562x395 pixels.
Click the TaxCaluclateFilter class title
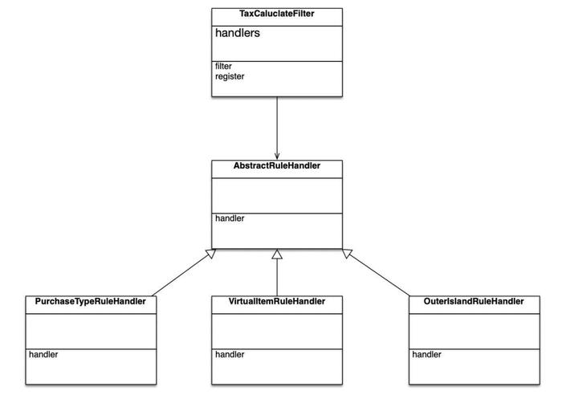[x=277, y=14]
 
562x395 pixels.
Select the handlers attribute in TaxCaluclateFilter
[x=238, y=33]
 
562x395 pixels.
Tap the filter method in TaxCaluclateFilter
[x=223, y=67]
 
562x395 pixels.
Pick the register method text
[x=230, y=77]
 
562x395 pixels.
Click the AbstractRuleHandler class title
[x=277, y=165]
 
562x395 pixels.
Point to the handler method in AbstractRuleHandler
[x=230, y=218]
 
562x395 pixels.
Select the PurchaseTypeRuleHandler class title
[x=90, y=301]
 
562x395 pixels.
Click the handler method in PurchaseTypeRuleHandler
[x=43, y=355]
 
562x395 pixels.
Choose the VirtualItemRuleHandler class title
[x=277, y=301]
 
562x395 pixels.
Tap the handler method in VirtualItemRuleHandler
[x=230, y=355]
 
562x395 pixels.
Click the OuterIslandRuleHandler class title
[x=474, y=301]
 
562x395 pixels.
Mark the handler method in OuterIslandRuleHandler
[x=426, y=355]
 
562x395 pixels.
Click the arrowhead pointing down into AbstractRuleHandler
[x=277, y=157]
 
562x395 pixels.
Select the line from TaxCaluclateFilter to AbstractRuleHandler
[x=277, y=128]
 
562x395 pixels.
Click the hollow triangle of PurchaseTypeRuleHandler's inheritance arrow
[x=210, y=254]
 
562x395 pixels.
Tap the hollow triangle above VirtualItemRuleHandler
[x=277, y=255]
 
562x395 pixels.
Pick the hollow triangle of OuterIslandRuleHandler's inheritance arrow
[x=348, y=254]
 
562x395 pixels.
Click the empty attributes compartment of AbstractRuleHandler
[x=277, y=196]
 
